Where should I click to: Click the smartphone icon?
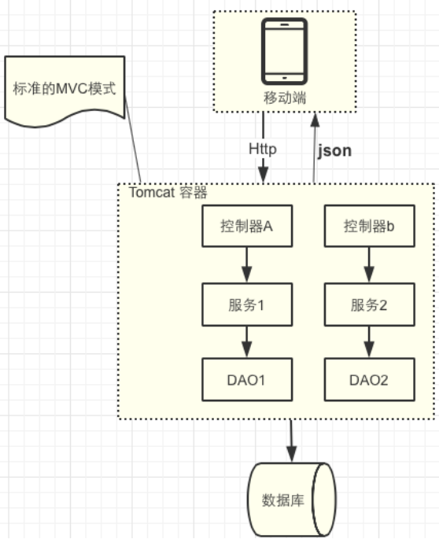[285, 51]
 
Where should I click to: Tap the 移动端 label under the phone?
[285, 98]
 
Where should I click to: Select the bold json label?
[334, 150]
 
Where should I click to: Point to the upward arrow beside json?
[315, 150]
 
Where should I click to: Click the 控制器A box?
[246, 227]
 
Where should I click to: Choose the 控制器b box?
[369, 227]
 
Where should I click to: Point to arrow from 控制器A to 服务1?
[246, 264]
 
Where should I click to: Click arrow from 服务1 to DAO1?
[246, 341]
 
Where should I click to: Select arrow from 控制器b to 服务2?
[369, 264]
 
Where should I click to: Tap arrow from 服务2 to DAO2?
[369, 341]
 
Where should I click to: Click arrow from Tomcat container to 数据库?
[291, 441]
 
